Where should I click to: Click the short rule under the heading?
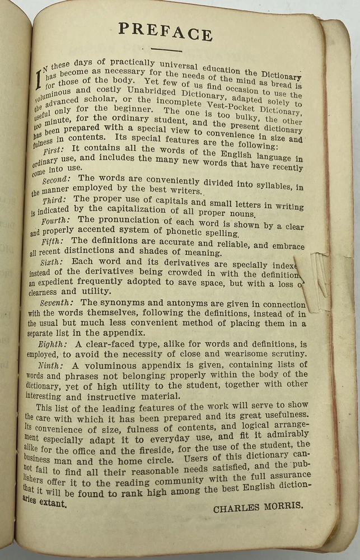pos(166,50)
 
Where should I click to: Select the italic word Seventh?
pos(59,302)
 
